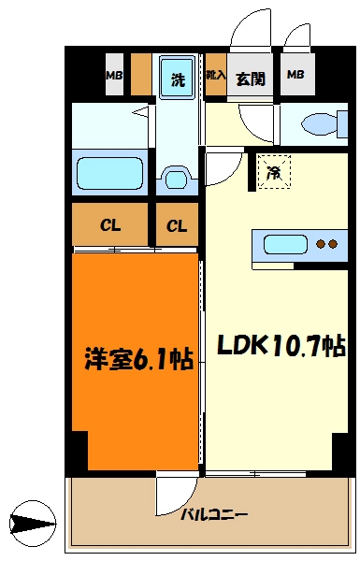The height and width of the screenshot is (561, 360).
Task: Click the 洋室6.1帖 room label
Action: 138,358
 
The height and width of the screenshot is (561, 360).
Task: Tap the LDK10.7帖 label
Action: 281,346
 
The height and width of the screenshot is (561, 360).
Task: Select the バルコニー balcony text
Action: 214,515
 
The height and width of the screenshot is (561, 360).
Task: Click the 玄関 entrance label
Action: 251,79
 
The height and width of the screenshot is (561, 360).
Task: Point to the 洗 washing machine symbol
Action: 177,79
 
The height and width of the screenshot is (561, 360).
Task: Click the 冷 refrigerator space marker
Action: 274,172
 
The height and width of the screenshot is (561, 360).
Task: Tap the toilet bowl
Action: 320,123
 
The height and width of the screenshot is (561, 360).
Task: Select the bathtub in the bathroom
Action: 110,173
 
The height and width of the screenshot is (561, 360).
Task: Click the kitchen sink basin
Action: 285,244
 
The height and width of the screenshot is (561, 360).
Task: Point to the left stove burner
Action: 321,244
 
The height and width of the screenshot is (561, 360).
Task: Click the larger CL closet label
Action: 110,225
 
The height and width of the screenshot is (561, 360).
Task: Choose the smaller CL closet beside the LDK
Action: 177,225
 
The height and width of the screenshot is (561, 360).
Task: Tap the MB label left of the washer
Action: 114,76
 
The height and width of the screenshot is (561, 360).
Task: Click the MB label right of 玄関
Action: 295,75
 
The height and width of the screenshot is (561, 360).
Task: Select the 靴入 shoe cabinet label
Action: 216,75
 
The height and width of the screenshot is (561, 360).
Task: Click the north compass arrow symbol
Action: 33,524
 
